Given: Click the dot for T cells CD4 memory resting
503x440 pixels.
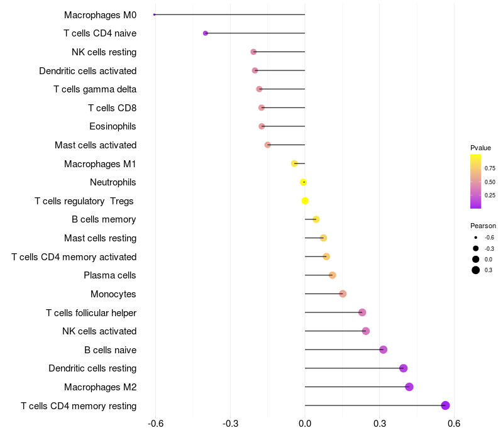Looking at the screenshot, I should click(446, 405).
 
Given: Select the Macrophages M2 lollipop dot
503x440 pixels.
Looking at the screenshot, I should click(409, 387).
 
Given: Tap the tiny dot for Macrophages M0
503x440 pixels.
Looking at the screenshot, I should click(155, 14).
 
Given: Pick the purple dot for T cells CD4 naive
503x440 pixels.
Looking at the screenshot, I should click(206, 33).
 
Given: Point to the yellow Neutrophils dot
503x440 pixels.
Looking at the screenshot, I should click(304, 182).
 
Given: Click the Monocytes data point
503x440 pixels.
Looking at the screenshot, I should click(343, 294).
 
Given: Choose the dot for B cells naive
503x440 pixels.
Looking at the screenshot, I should click(384, 349).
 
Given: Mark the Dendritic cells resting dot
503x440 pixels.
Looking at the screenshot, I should click(404, 368).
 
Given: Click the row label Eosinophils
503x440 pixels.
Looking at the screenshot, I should click(113, 126).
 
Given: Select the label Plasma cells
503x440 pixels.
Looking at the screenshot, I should click(110, 275).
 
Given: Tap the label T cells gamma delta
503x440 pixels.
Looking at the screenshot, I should click(95, 89).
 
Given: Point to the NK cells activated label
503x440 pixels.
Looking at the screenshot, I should click(99, 331).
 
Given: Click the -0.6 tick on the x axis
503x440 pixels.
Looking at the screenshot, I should click(156, 424).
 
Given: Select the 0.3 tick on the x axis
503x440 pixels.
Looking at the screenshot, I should click(380, 424).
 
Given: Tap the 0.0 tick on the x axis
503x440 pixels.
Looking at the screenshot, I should click(305, 424).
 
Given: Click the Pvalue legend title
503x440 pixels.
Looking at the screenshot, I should click(480, 148).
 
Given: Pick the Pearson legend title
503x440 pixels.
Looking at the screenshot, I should click(483, 226).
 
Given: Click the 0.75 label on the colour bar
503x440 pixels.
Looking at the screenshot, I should click(490, 168).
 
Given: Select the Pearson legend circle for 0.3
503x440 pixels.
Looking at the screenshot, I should click(476, 270).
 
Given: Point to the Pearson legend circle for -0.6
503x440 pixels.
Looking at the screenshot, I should click(476, 238).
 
